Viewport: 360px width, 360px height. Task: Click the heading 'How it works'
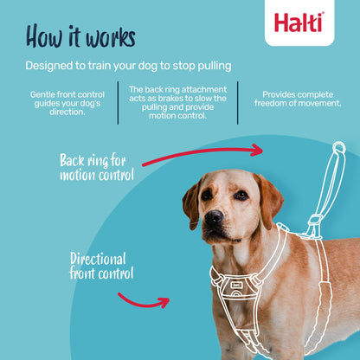point(80,36)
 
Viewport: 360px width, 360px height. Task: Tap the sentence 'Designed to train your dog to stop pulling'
point(128,66)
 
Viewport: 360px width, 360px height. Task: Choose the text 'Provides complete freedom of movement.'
point(297,99)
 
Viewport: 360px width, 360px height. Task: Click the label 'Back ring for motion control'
point(97,167)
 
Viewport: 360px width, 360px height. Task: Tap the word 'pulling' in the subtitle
point(213,67)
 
